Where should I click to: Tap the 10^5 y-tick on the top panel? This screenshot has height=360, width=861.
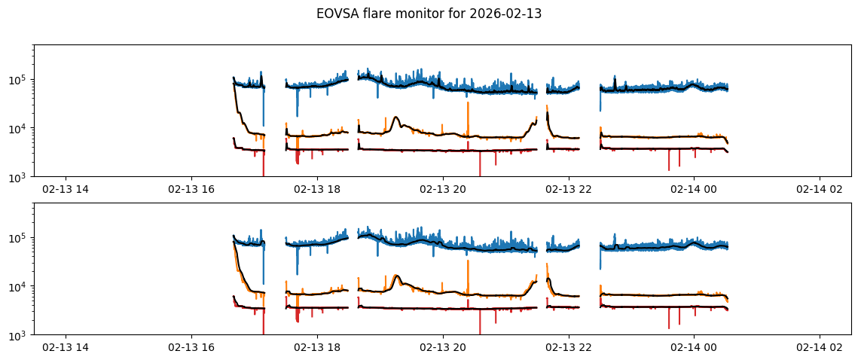tap(20, 80)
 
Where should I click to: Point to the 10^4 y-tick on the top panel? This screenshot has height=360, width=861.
tap(20, 129)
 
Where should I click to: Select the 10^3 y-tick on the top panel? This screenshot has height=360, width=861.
tap(20, 177)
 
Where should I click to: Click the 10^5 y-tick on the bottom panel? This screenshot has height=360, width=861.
tap(20, 238)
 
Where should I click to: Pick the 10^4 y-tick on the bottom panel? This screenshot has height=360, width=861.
tap(20, 287)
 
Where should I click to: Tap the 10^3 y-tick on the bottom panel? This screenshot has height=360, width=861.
tap(20, 335)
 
